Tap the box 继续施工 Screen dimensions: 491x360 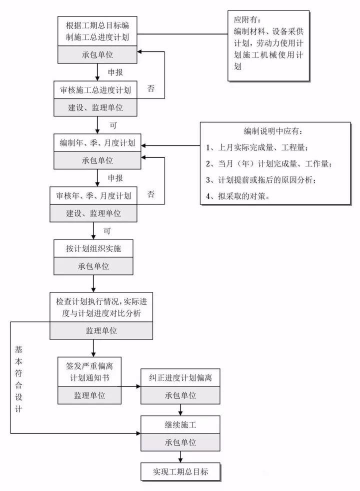tap(180, 425)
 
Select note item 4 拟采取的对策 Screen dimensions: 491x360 tap(238, 196)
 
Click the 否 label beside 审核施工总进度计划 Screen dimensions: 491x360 tap(151, 88)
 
